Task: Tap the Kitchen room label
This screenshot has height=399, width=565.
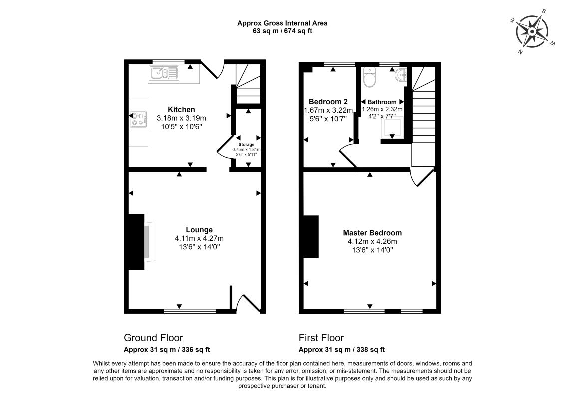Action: tap(181, 109)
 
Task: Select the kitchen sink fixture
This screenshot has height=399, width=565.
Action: tap(163, 74)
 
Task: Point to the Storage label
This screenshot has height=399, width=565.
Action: tap(246, 144)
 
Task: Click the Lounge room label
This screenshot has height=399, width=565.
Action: tap(199, 230)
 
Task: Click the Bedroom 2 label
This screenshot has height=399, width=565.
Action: tap(328, 101)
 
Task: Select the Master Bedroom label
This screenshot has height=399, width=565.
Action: tap(372, 233)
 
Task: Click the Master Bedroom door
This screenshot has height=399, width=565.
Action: tap(421, 178)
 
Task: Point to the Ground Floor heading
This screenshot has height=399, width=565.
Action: tap(153, 338)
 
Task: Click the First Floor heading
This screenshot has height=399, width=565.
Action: tap(321, 338)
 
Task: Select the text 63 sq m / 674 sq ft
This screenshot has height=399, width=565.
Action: tap(282, 31)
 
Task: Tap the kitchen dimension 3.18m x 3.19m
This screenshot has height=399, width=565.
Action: tap(181, 118)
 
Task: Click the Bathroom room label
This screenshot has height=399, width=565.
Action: tap(382, 102)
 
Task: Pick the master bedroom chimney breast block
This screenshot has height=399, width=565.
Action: tap(310, 237)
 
